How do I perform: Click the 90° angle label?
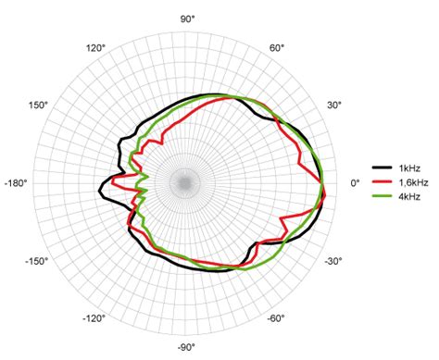pyautogui.click(x=187, y=19)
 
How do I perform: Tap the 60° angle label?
pyautogui.click(x=277, y=48)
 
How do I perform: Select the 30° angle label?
pyautogui.click(x=334, y=105)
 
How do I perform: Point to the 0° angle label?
pyautogui.click(x=355, y=183)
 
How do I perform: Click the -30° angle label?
pyautogui.click(x=333, y=261)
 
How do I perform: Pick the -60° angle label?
pyautogui.click(x=276, y=318)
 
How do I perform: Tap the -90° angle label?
pyautogui.click(x=186, y=348)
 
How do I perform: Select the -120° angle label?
pyautogui.click(x=94, y=318)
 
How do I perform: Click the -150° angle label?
pyautogui.click(x=37, y=261)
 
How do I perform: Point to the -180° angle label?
pyautogui.click(x=16, y=183)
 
